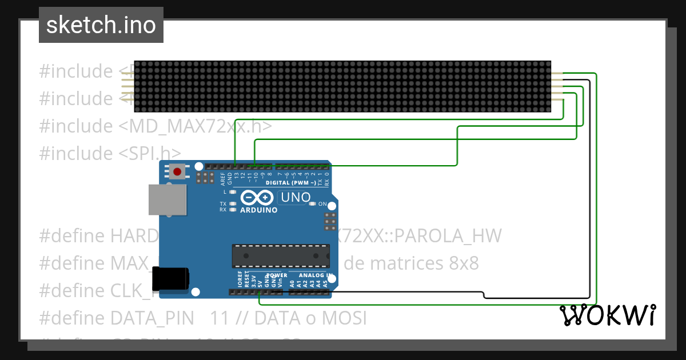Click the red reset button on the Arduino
178,171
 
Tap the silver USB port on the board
167,199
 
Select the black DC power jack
170,278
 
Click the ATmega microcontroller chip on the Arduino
280,256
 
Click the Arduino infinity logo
256,198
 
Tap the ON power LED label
322,204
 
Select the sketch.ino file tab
101,25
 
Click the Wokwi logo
607,315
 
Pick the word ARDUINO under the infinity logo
259,210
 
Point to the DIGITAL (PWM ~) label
291,183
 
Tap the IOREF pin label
240,279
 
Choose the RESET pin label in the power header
247,279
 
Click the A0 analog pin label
292,282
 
